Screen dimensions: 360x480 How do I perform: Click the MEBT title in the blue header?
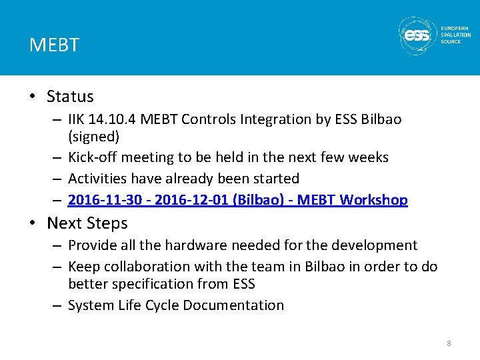pyautogui.click(x=54, y=45)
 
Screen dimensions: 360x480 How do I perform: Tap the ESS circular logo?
pyautogui.click(x=417, y=35)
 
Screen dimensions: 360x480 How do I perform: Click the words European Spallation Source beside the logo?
pyautogui.click(x=455, y=35)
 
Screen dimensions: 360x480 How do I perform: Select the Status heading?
pyautogui.click(x=70, y=97)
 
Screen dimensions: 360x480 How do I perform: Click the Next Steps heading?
pyautogui.click(x=87, y=223)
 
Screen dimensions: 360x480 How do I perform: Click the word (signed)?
pyautogui.click(x=94, y=137)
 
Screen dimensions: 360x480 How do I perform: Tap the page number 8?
pyautogui.click(x=449, y=343)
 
